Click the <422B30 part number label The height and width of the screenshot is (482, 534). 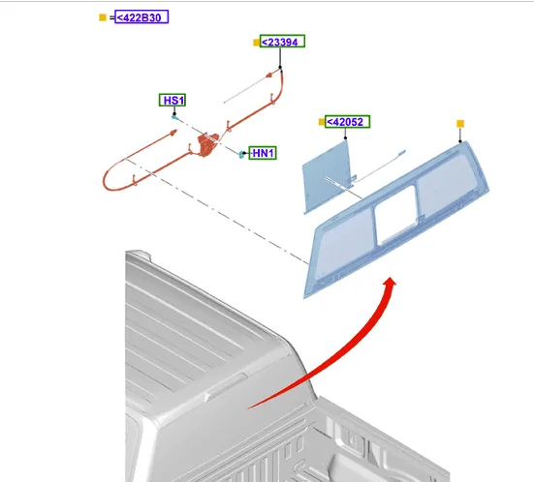141,17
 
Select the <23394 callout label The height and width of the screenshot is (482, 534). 282,42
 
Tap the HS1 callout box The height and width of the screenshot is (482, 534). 173,100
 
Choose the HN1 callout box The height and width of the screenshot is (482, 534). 263,153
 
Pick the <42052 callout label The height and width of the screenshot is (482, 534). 347,122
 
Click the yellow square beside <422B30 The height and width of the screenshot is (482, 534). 103,17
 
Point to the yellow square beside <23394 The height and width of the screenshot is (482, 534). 257,43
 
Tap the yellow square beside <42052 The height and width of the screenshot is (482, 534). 322,122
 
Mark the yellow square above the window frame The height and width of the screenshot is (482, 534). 460,124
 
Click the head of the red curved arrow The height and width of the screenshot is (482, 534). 391,283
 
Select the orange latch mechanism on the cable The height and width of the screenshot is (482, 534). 207,144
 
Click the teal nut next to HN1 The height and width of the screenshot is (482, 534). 241,155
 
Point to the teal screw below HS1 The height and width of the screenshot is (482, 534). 174,117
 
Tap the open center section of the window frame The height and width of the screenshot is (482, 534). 395,214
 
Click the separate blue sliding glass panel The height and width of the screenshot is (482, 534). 327,177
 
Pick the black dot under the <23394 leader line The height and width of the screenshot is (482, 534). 280,68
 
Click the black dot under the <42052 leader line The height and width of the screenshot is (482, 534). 345,137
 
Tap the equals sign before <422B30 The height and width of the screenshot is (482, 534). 112,17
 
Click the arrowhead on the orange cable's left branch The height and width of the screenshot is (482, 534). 174,132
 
